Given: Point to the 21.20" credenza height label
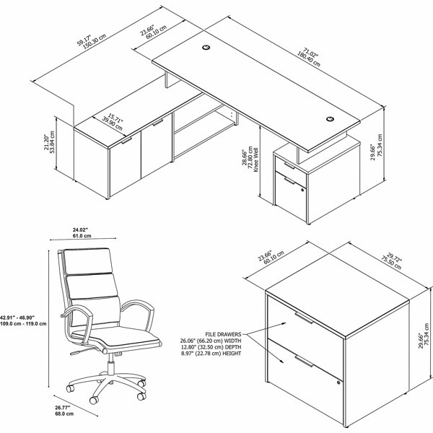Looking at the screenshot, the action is [46, 142].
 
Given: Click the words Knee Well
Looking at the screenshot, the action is [255, 160].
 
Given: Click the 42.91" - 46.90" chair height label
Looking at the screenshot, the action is [19, 318].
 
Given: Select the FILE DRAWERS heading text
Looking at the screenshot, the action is [223, 334].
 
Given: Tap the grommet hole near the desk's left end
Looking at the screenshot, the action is [206, 48].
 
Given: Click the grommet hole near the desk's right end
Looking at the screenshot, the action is [330, 119].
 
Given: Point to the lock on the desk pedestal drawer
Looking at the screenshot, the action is [302, 190].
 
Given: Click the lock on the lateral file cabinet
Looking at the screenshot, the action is [338, 382].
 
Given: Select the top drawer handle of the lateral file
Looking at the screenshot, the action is [304, 318].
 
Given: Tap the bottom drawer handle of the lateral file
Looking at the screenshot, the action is [304, 362].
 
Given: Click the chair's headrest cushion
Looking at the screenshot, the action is [88, 261].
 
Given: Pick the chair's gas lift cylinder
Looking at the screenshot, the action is [111, 364].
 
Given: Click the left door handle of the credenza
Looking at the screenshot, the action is [127, 141].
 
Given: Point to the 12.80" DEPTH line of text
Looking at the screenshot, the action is [211, 347].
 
